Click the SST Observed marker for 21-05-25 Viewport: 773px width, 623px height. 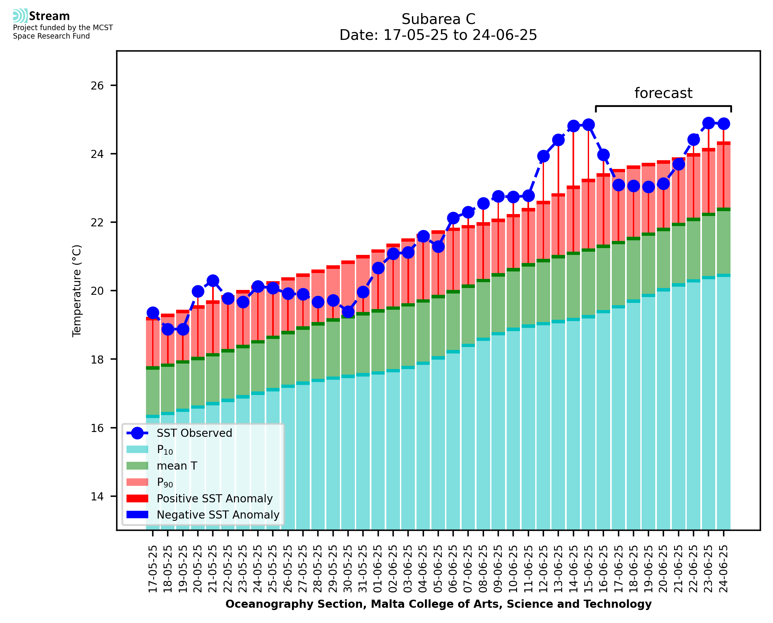click(x=213, y=281)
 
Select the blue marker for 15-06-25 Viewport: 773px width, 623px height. click(x=588, y=125)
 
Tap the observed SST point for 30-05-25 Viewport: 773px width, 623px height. click(x=348, y=312)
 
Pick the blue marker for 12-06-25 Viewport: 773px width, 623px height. click(x=543, y=156)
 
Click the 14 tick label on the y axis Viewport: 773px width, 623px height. click(x=97, y=497)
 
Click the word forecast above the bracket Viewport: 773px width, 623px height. click(x=663, y=93)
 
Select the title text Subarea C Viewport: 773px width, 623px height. click(x=438, y=19)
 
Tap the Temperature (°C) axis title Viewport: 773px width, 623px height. click(x=77, y=291)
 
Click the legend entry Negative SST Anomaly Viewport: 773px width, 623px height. click(x=218, y=515)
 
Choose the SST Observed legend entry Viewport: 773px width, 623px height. click(x=194, y=433)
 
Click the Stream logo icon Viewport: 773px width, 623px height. click(x=20, y=16)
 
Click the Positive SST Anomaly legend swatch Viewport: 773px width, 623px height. click(x=137, y=498)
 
